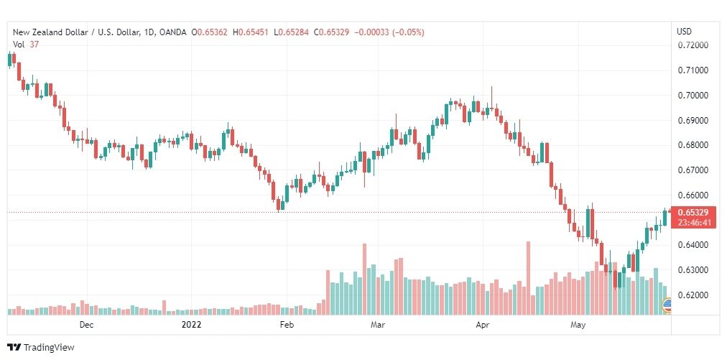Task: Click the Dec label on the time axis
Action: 86,325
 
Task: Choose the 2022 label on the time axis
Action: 191,325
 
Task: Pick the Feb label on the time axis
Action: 287,325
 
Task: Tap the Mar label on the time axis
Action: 378,325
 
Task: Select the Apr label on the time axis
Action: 483,325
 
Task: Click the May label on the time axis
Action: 578,325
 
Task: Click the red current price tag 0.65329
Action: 693,213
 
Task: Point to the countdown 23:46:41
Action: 693,223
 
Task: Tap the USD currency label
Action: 684,32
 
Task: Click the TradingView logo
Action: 41,347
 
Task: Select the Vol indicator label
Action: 19,44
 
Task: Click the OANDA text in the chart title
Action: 173,32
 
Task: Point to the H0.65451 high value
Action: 250,32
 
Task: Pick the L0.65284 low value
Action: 291,32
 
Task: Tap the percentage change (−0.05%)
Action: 408,32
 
